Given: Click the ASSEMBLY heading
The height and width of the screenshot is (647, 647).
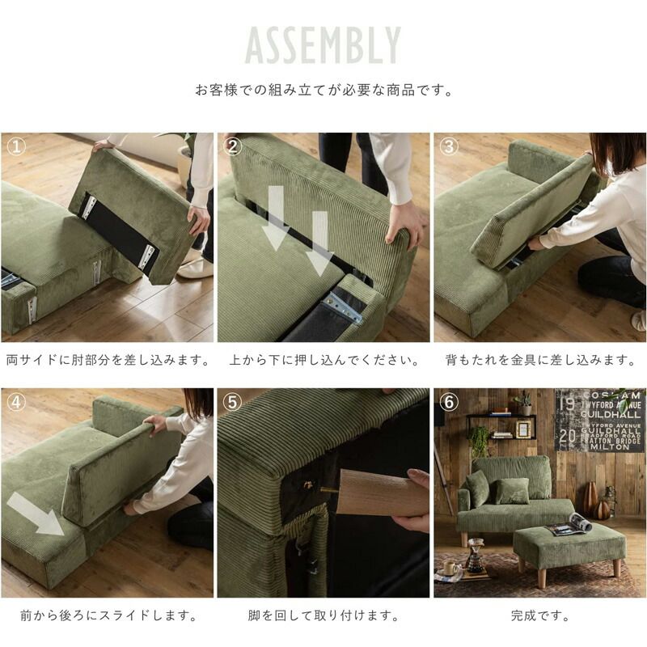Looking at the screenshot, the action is (x=323, y=45).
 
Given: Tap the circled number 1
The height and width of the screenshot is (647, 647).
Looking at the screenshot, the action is (x=16, y=146).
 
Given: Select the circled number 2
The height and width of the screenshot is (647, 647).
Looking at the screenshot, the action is (x=233, y=146).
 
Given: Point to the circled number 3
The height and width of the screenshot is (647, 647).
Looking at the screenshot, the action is (x=449, y=146).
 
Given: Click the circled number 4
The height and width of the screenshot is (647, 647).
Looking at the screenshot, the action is (x=16, y=402).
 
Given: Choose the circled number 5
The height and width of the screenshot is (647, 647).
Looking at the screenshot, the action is (x=233, y=402).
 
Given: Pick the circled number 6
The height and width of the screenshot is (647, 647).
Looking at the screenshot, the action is (x=449, y=402).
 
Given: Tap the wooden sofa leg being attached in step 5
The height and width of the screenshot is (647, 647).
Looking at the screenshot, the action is (x=382, y=493).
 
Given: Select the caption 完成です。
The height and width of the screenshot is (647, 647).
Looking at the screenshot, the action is (x=539, y=616).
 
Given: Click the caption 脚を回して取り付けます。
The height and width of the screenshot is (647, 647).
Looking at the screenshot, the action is (x=323, y=616).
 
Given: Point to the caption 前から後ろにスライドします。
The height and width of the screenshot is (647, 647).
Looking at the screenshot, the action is (x=108, y=616).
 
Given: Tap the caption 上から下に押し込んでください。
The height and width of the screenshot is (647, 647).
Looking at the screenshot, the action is (x=324, y=360).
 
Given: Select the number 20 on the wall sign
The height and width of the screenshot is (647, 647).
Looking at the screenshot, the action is (x=568, y=436).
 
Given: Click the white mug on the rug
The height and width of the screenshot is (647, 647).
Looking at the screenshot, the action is (x=450, y=569).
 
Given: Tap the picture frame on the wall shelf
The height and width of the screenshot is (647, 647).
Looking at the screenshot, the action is (x=523, y=429).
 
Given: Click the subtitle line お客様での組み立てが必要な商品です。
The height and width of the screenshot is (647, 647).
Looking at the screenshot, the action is (x=323, y=90).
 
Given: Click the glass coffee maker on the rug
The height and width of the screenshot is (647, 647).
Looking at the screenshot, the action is (x=475, y=555).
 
